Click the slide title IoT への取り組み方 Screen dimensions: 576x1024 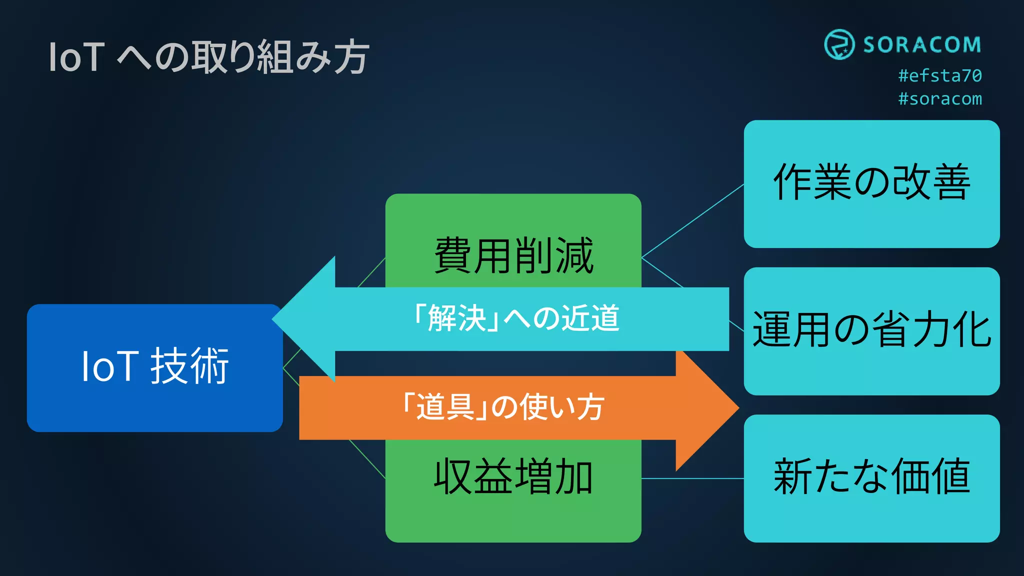[208, 57]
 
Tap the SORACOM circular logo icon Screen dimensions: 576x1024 [839, 44]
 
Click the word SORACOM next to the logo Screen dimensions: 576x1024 [922, 45]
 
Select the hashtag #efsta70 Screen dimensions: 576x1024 [940, 75]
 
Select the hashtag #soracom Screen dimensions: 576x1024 [940, 99]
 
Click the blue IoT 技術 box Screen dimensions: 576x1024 [154, 368]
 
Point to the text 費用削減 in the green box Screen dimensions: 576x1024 [513, 256]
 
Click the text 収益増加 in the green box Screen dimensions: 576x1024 [513, 477]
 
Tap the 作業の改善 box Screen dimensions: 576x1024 [871, 183]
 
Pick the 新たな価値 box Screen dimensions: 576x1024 [871, 477]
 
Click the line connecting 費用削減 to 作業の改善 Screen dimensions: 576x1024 [692, 221]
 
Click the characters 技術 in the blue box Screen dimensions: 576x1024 [189, 366]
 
